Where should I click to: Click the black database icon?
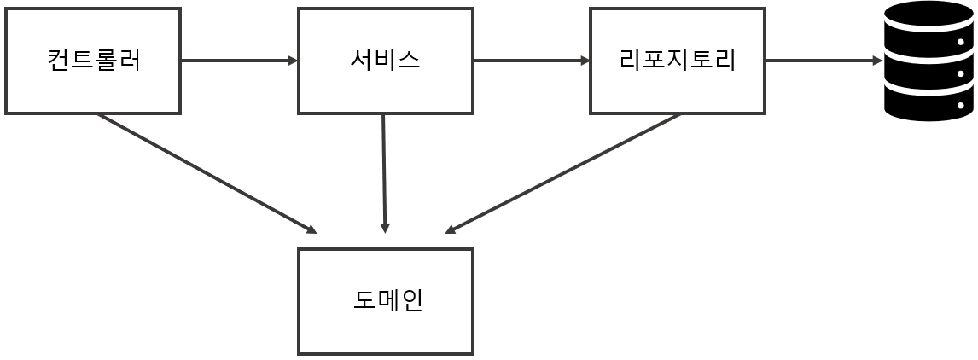pyautogui.click(x=929, y=61)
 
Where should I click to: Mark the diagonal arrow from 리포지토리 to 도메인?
pyautogui.click(x=563, y=173)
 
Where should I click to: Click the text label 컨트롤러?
pyautogui.click(x=93, y=60)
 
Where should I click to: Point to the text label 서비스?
pyautogui.click(x=385, y=60)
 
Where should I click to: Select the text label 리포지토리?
pyautogui.click(x=677, y=60)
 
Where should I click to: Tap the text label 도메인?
pyautogui.click(x=387, y=300)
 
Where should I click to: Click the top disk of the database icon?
pyautogui.click(x=929, y=20)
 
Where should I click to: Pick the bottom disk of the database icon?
pyautogui.click(x=929, y=103)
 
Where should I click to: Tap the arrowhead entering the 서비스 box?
pyautogui.click(x=294, y=61)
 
